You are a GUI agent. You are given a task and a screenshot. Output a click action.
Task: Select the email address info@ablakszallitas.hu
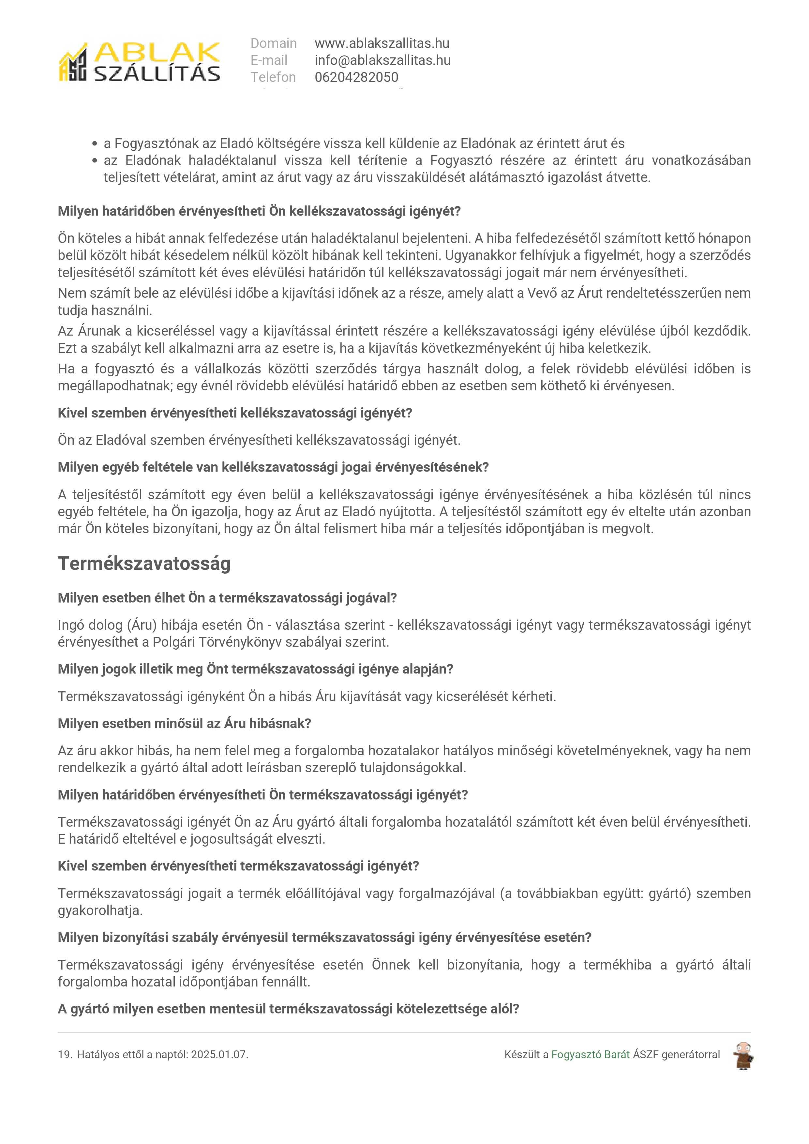point(382,60)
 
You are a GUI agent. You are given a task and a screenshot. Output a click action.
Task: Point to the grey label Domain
point(274,43)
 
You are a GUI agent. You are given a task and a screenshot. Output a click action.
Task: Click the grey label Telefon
point(273,77)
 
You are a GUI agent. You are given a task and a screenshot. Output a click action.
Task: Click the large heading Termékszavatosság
point(144,564)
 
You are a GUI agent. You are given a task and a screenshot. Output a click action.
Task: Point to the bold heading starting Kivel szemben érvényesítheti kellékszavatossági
point(235,413)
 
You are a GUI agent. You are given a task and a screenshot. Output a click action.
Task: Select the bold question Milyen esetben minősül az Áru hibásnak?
point(184,723)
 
